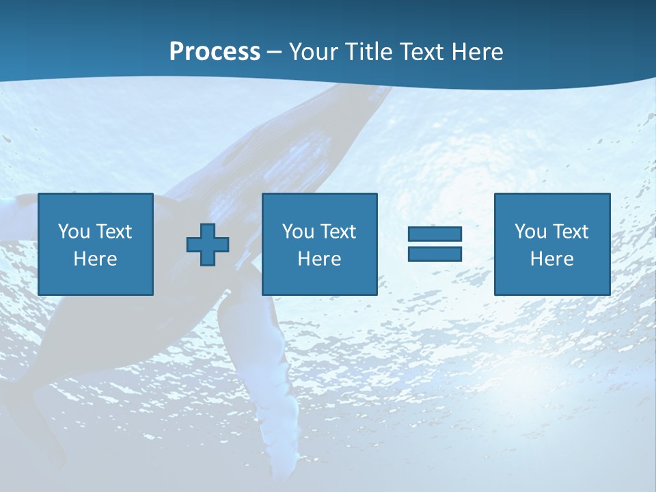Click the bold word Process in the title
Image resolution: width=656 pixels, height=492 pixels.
[215, 52]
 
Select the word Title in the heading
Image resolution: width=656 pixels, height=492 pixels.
[369, 52]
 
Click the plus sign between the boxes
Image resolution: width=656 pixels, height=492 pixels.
[208, 244]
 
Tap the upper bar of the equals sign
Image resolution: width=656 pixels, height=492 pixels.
[435, 234]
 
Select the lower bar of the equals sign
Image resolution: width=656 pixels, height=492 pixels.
[435, 254]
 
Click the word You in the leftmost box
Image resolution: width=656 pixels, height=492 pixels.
[74, 232]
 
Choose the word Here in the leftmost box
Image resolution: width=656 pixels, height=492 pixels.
[95, 259]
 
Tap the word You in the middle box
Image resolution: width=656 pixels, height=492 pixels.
[298, 232]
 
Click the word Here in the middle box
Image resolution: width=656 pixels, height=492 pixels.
[319, 259]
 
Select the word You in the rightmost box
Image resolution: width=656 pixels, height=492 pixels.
[530, 232]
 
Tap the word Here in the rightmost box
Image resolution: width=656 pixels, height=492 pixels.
[551, 259]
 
